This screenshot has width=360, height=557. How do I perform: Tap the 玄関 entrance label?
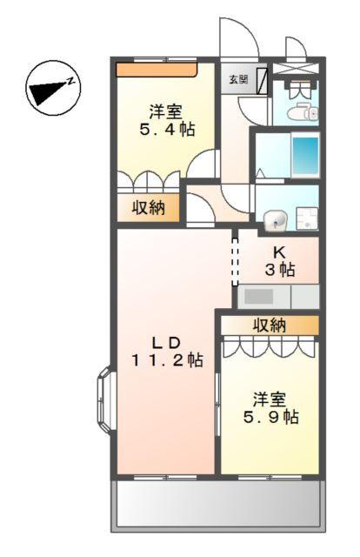(237, 79)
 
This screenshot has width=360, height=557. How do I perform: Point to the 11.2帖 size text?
(168, 359)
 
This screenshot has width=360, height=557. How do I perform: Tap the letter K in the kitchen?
(281, 252)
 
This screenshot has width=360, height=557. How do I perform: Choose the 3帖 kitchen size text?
(281, 270)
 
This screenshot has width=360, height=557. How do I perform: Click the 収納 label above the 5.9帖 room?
(270, 325)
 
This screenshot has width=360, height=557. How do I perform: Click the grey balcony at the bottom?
(217, 506)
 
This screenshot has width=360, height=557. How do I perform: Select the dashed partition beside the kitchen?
(234, 258)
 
